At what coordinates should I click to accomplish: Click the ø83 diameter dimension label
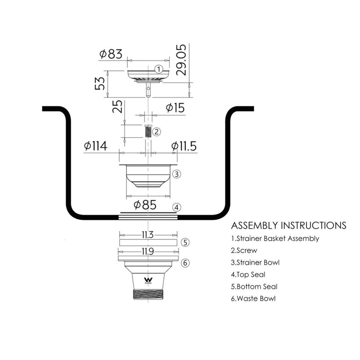111,54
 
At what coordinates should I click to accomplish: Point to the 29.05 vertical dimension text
181,60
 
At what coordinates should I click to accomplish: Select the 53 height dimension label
100,83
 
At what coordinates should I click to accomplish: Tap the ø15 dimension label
175,108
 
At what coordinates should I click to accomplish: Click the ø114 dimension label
95,146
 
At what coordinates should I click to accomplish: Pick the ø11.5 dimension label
184,146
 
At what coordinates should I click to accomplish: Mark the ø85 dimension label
145,205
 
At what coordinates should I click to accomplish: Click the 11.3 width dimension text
148,235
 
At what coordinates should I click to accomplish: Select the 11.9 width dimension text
148,252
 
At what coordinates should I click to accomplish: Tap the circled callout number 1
159,69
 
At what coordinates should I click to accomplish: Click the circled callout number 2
157,132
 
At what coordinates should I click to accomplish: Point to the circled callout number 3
176,174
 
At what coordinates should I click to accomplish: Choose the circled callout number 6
185,263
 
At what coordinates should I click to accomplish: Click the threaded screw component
148,131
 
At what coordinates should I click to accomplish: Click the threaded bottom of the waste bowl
148,294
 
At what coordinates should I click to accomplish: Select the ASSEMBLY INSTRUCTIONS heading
288,225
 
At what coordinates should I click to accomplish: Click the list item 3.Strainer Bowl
255,262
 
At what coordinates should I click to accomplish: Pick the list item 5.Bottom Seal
254,287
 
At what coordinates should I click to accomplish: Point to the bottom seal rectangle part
148,243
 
